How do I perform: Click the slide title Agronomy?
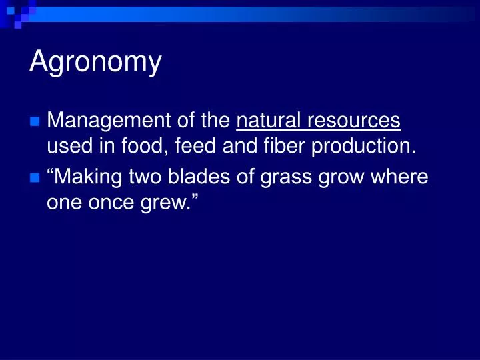pos(95,63)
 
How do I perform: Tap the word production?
pos(362,147)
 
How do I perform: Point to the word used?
pos(69,147)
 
